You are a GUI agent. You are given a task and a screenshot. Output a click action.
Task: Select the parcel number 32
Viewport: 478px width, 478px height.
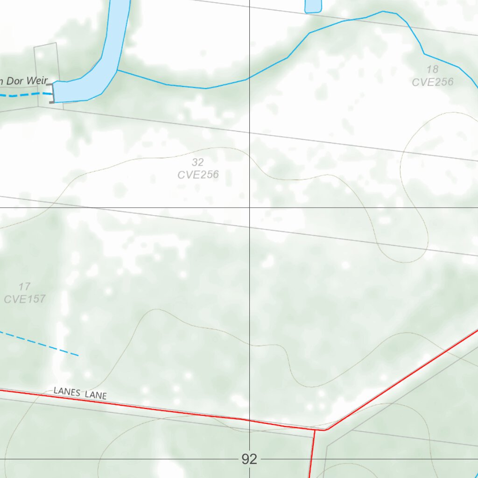[x=198, y=162]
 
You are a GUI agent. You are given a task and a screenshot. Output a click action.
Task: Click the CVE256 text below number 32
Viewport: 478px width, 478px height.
[x=198, y=175]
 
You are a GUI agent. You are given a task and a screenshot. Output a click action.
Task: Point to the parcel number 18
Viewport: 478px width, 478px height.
[x=432, y=70]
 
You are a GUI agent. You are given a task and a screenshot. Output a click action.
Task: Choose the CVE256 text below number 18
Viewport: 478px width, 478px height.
[x=432, y=82]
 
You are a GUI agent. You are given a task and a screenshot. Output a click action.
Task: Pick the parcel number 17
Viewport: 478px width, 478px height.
[x=25, y=287]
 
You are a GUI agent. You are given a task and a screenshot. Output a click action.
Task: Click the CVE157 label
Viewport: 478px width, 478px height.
[x=25, y=299]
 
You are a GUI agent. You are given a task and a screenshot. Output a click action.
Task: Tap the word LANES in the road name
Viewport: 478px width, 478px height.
[x=67, y=391]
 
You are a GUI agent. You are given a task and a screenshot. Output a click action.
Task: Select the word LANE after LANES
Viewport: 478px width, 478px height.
[x=96, y=395]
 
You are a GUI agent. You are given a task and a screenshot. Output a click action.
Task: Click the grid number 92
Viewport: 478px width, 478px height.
[x=249, y=459]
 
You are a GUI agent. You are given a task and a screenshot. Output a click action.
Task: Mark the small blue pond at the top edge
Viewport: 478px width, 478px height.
[x=313, y=6]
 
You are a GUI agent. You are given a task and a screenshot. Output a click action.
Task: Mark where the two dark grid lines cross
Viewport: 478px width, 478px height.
[x=249, y=207]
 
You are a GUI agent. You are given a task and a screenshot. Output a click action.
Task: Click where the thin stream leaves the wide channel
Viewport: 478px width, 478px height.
[x=117, y=70]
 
